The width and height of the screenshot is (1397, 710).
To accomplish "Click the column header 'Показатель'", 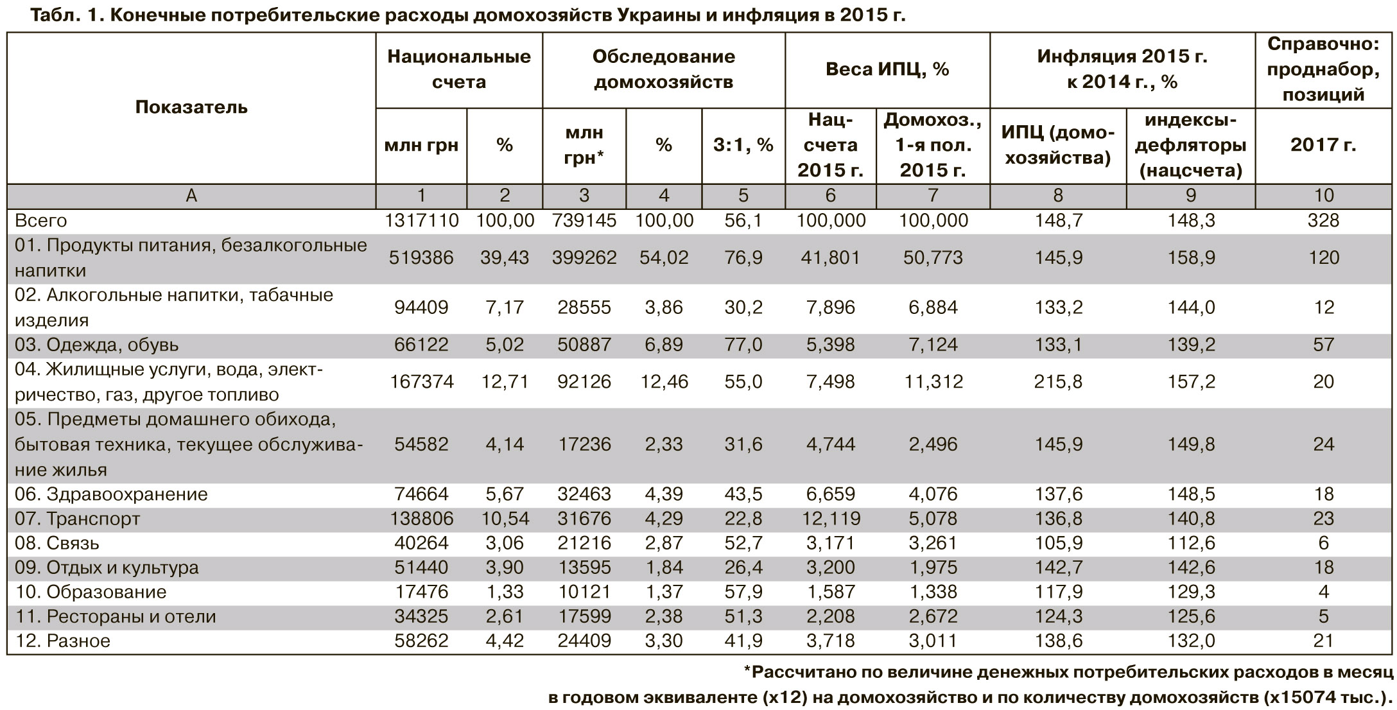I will pyautogui.click(x=191, y=107).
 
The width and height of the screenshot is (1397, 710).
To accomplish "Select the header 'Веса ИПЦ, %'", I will pyautogui.click(x=887, y=69).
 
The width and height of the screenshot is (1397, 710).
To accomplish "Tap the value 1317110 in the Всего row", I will pyautogui.click(x=421, y=221).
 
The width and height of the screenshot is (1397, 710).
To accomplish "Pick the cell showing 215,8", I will pyautogui.click(x=1058, y=382).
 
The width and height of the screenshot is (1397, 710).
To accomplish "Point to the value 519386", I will pyautogui.click(x=421, y=258).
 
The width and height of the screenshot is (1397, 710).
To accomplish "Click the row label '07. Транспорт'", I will pyautogui.click(x=77, y=519).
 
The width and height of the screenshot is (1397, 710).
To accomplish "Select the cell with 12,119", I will pyautogui.click(x=830, y=519).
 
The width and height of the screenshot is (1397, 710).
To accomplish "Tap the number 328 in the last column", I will pyautogui.click(x=1323, y=221).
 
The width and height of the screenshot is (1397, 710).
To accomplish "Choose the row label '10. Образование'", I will pyautogui.click(x=91, y=592).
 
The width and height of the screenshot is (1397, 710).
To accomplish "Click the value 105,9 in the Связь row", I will pyautogui.click(x=1058, y=543).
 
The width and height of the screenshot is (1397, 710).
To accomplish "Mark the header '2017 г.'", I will pyautogui.click(x=1323, y=145).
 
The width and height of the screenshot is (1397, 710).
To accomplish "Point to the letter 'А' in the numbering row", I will pyautogui.click(x=191, y=195).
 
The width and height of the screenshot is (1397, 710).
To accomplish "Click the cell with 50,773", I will pyautogui.click(x=933, y=258).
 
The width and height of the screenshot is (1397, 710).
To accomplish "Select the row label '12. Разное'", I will pyautogui.click(x=62, y=641).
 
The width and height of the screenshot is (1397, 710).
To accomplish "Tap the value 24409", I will pyautogui.click(x=584, y=641).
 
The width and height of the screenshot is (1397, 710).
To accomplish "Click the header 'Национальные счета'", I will pyautogui.click(x=459, y=69).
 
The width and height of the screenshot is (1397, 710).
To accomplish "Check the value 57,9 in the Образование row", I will pyautogui.click(x=743, y=592).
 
